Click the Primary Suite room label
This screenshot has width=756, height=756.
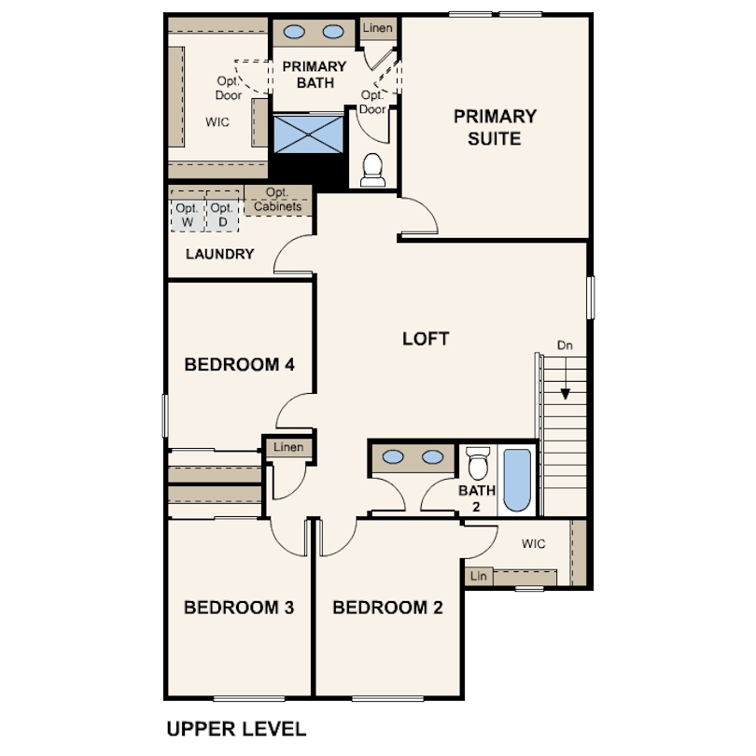point(495,127)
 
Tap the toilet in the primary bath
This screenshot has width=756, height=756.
point(372,170)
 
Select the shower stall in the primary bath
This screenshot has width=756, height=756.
point(309,134)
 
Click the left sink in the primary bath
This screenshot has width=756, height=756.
point(294,32)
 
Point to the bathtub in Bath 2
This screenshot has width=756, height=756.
point(517,481)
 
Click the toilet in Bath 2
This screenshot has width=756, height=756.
point(478,463)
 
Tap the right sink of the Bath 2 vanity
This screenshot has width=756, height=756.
point(432,456)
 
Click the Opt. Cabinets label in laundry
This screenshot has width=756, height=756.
point(278,200)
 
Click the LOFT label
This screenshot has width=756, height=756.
point(426,339)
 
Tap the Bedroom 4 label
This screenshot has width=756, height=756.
point(239,365)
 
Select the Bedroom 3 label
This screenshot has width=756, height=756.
point(239,608)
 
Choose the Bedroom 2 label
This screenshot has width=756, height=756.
point(387,608)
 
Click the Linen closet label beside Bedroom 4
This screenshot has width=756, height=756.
point(288,447)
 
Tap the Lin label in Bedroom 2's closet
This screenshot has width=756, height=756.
point(478,576)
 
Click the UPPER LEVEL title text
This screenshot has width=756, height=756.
point(236,729)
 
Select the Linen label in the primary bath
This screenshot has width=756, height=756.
point(377,28)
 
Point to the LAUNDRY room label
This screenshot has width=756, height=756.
point(220,254)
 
